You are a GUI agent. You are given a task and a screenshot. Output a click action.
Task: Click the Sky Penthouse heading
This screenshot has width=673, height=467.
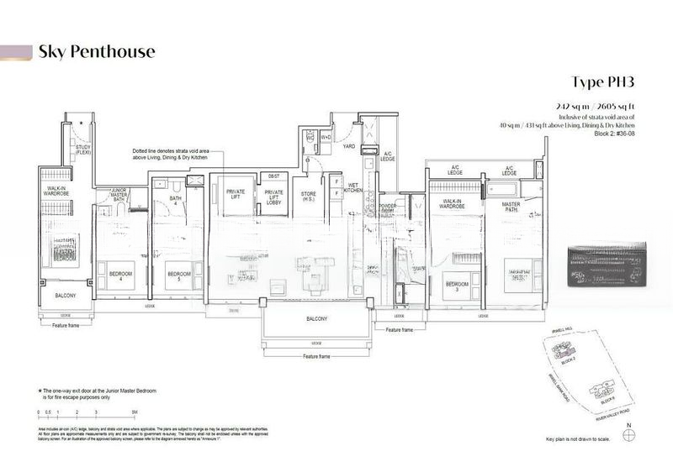pos(96,52)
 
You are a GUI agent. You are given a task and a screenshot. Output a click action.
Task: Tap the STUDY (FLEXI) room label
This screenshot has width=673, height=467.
pos(82,152)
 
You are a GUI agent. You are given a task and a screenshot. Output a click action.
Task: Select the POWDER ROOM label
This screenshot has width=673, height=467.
pos(389,208)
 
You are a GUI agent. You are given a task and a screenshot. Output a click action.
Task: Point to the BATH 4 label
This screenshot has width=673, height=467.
pos(176,202)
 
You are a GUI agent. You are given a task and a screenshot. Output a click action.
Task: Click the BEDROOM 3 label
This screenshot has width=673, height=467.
pos(457,285)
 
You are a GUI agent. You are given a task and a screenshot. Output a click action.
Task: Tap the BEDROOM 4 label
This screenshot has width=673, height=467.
pos(110,275)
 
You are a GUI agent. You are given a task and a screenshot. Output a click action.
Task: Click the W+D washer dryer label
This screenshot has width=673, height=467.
pos(326,136)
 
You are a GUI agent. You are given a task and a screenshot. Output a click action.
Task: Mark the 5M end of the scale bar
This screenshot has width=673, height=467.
pos(135,412)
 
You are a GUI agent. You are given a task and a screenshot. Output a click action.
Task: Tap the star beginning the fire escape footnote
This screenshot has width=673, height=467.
pos(40,391)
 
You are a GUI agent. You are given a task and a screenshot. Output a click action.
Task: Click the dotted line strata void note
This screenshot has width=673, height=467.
pos(177,155)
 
